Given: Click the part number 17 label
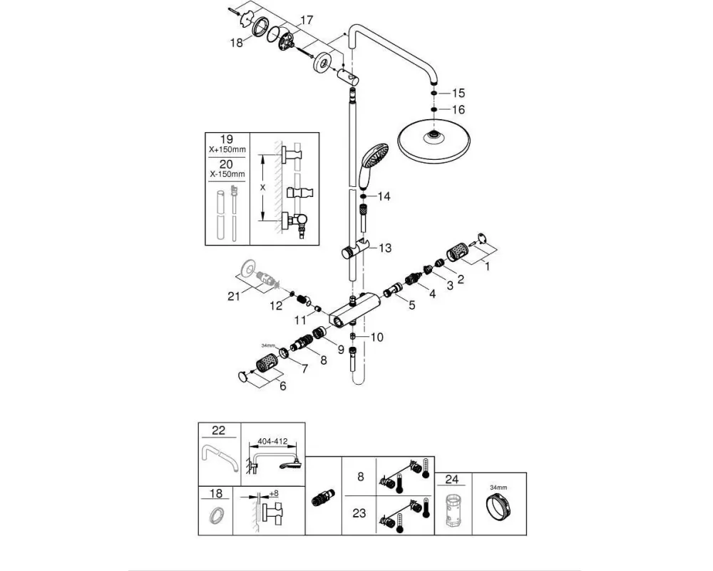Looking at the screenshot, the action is [x=307, y=21].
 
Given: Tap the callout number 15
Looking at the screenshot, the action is [x=458, y=94].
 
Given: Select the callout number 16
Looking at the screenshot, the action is [x=458, y=110].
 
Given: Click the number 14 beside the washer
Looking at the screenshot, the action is [x=384, y=197].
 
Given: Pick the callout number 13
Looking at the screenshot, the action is [x=385, y=248].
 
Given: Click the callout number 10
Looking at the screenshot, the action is [x=377, y=338].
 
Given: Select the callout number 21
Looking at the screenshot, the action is [x=234, y=296].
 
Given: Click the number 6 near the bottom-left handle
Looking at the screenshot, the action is [x=283, y=386].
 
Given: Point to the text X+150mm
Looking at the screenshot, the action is [x=227, y=149].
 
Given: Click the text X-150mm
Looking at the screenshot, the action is [x=227, y=174].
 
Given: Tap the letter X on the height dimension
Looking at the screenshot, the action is [x=263, y=187].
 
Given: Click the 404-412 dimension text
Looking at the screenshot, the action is [x=272, y=441].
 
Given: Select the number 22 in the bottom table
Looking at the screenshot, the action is [x=219, y=430].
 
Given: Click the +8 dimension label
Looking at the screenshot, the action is [x=274, y=494].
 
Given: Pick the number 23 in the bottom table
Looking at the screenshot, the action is [x=359, y=514].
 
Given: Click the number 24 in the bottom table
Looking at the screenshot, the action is [x=452, y=480].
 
